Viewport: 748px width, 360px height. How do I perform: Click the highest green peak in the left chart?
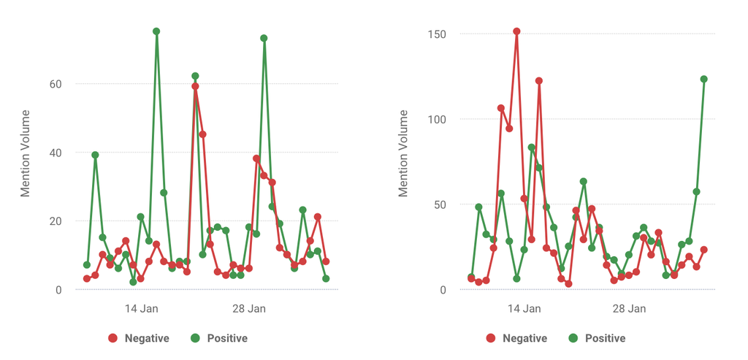pos(156,31)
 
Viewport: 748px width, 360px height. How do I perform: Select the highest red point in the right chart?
pos(516,31)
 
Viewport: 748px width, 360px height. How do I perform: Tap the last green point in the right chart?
pos(704,79)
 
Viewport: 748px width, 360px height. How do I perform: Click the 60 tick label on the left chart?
pos(56,84)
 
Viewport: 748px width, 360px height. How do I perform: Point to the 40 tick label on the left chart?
pos(56,153)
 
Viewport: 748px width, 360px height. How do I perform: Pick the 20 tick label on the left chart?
pos(56,221)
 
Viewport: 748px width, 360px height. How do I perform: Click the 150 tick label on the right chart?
pos(438,34)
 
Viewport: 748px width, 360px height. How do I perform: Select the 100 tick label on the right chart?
pos(438,120)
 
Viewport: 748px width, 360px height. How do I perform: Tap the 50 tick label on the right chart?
pos(440,204)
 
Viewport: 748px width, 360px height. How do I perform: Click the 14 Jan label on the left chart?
pos(141,309)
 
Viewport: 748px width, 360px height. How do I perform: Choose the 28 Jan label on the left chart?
pos(249,309)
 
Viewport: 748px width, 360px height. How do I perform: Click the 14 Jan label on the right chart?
pos(524,309)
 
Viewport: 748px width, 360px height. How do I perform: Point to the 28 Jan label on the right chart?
pos(629,309)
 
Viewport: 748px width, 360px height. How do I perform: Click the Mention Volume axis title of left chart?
pos(26,153)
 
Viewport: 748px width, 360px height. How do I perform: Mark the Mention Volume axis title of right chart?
pos(404,153)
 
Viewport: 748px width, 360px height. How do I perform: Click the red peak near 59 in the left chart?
pos(195,86)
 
